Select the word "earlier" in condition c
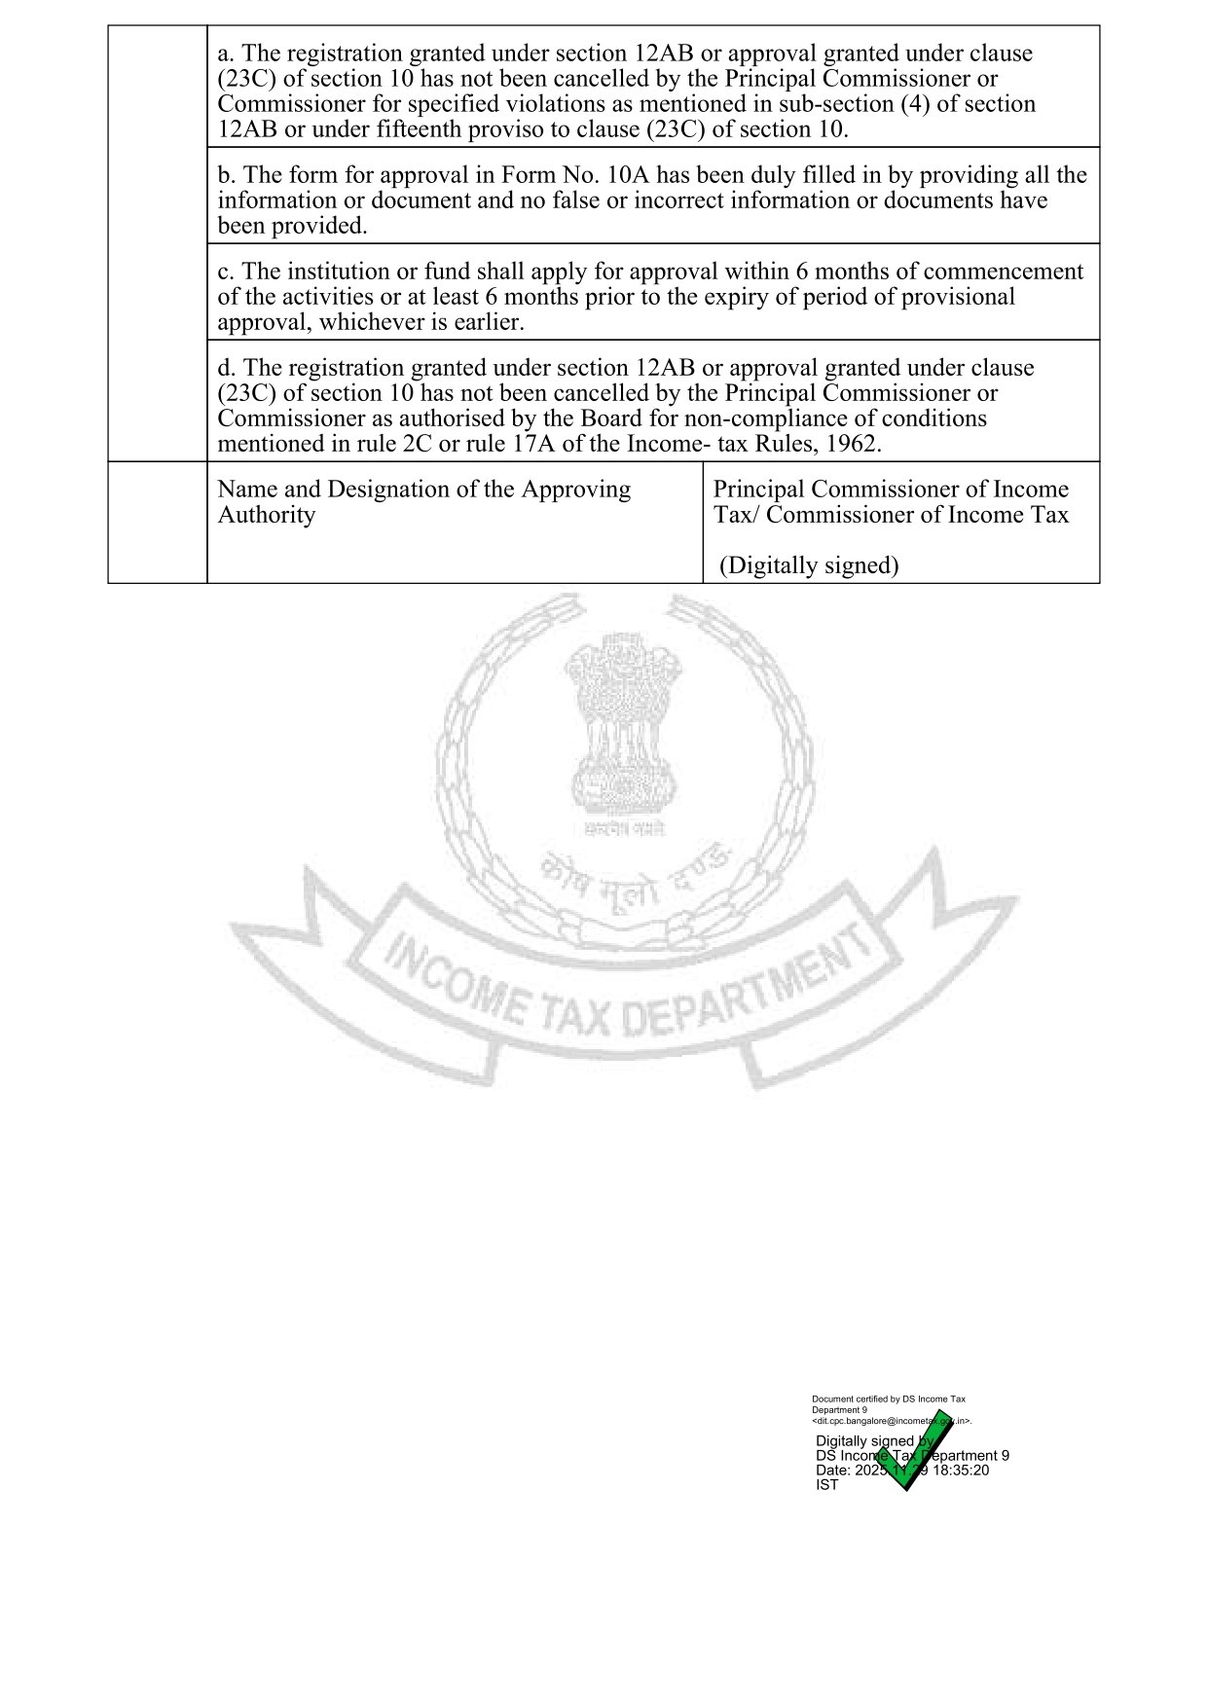tap(486, 322)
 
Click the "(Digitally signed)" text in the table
tap(809, 565)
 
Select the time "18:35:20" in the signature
tap(960, 1471)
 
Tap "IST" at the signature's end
tap(826, 1485)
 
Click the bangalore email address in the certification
tap(890, 1421)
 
